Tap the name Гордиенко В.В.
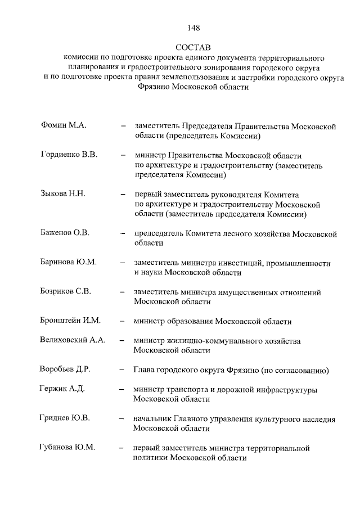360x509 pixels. click(x=69, y=155)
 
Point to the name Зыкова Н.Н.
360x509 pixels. click(x=62, y=194)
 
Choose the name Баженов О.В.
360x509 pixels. click(x=65, y=233)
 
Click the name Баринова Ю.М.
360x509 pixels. click(x=69, y=263)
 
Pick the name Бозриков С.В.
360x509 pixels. click(x=66, y=292)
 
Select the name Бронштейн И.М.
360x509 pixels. click(x=70, y=321)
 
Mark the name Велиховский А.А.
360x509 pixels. click(x=73, y=340)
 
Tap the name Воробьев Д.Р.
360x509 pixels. click(x=65, y=370)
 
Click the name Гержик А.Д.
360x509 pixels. click(x=62, y=389)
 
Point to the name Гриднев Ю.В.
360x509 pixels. click(x=65, y=418)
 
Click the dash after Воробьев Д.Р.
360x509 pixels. click(x=121, y=371)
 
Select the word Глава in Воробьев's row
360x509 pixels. click(x=145, y=371)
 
